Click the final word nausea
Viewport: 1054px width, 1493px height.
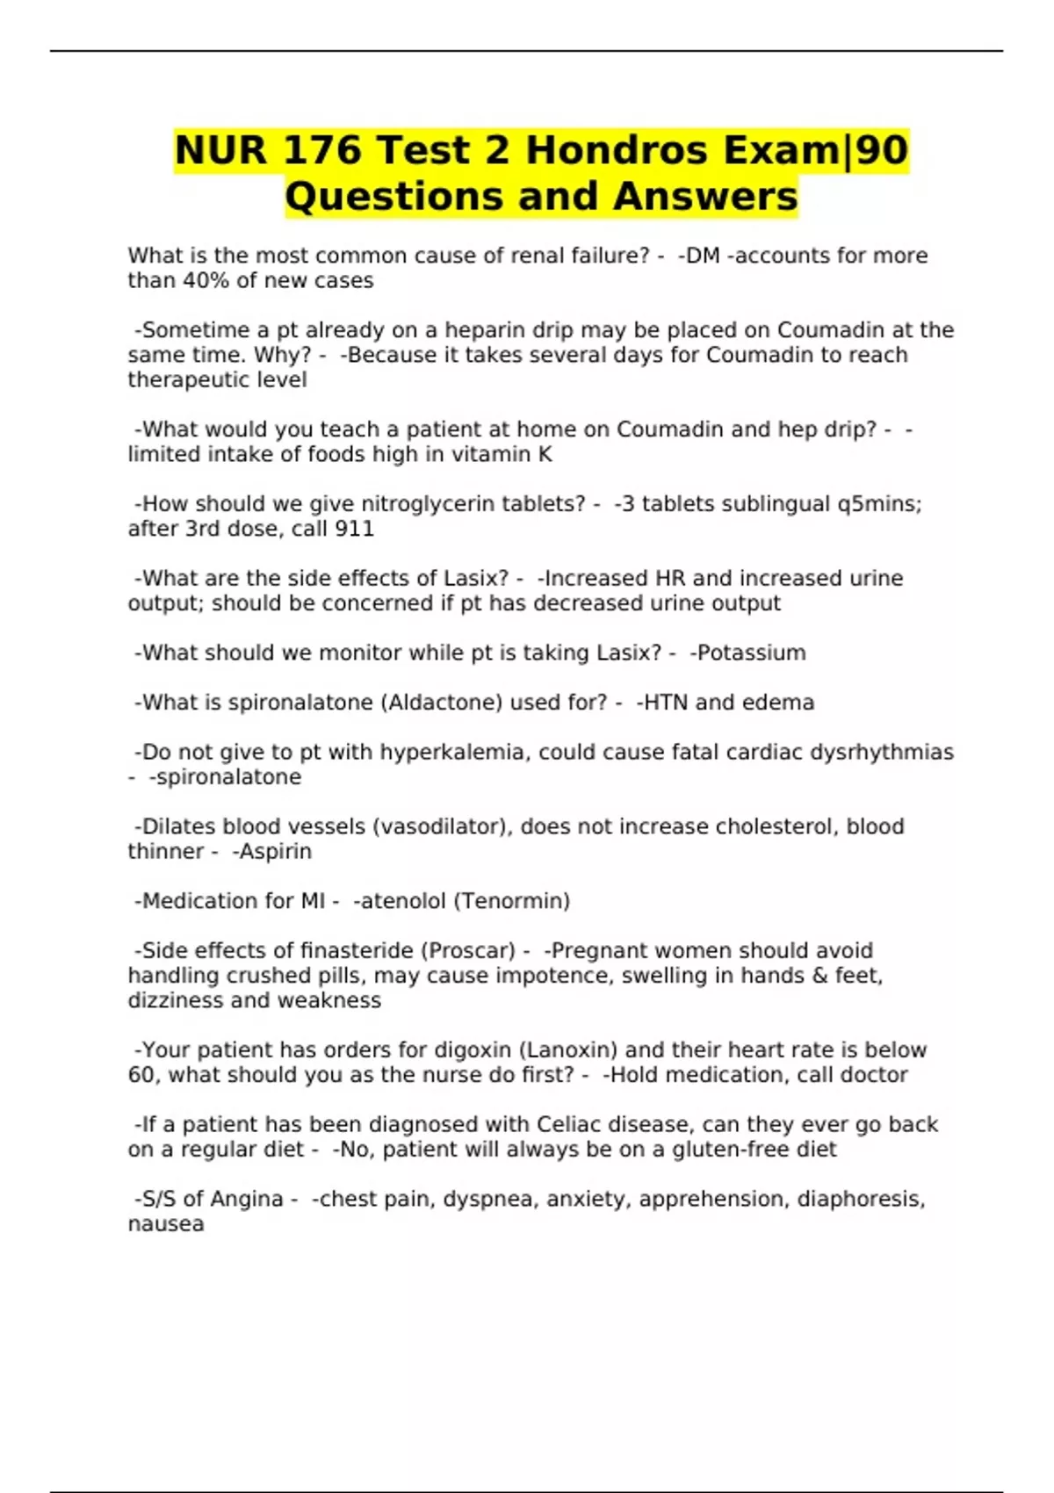(x=166, y=1224)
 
